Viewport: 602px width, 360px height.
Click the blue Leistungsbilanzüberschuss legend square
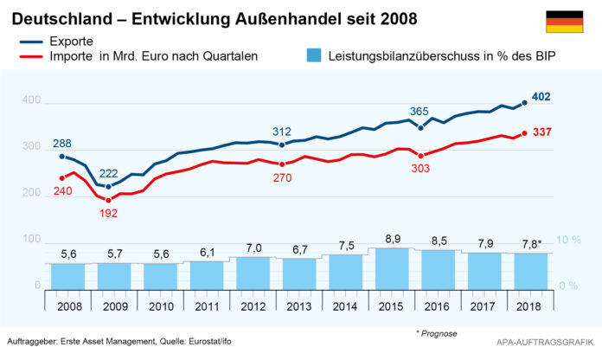314,56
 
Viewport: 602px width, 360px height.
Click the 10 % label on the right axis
567,240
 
